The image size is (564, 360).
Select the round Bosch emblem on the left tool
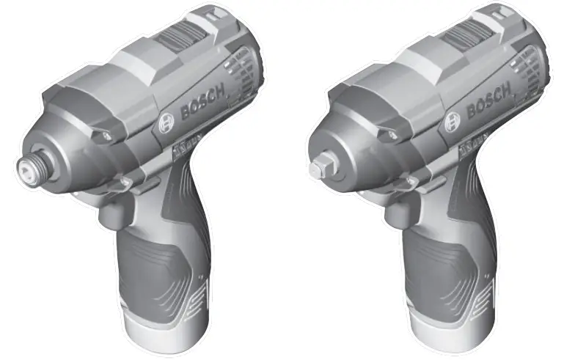click(x=166, y=121)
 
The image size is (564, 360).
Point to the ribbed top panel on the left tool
click(x=184, y=37)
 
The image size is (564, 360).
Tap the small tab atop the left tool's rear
click(x=213, y=12)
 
